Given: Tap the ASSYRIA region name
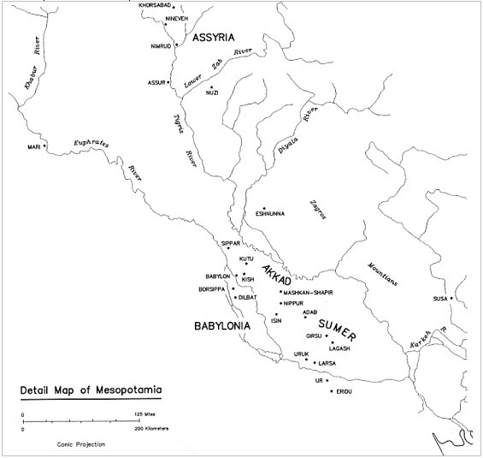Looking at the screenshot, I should click(220, 39).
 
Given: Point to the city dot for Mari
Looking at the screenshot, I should click(45, 145).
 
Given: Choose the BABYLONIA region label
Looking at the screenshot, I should click(221, 326).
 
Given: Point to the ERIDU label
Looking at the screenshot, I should click(344, 391).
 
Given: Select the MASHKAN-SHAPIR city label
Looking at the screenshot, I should click(315, 292).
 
